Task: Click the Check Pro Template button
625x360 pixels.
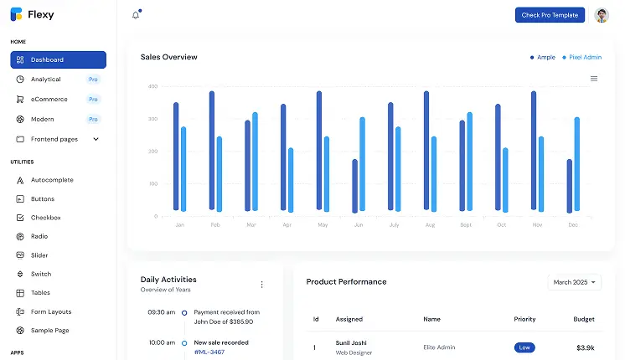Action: pyautogui.click(x=550, y=15)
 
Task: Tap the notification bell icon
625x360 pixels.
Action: pyautogui.click(x=136, y=15)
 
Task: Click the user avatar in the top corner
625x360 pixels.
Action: pyautogui.click(x=602, y=15)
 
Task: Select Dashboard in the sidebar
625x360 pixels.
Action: pyautogui.click(x=58, y=59)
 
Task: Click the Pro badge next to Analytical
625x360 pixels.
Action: pyautogui.click(x=93, y=80)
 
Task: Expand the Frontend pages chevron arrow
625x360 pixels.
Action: pyautogui.click(x=96, y=139)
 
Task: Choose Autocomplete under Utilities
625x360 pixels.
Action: pyautogui.click(x=52, y=180)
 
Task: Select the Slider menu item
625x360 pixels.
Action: pyautogui.click(x=39, y=255)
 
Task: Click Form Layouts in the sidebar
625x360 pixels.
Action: pyautogui.click(x=50, y=311)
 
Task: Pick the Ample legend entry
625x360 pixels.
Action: pyautogui.click(x=545, y=58)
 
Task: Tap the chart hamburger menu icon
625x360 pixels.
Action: pyautogui.click(x=594, y=79)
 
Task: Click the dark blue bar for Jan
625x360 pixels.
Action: pyautogui.click(x=176, y=157)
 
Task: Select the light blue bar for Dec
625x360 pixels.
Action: pyautogui.click(x=577, y=164)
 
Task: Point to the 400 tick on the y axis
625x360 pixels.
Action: pyautogui.click(x=152, y=86)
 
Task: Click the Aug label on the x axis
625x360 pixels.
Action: pyautogui.click(x=430, y=225)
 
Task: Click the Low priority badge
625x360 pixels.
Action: pyautogui.click(x=524, y=347)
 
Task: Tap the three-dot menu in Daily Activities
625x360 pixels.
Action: pyautogui.click(x=261, y=285)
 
